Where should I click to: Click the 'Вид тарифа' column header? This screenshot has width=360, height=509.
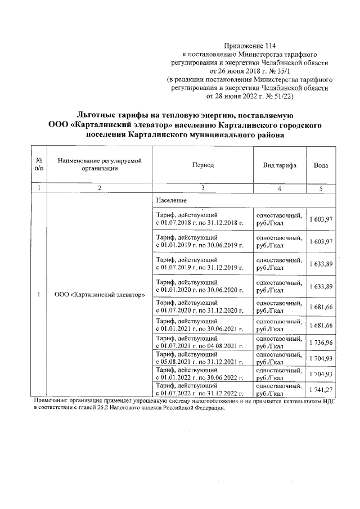tap(280, 165)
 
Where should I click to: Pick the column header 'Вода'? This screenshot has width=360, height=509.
tap(321, 165)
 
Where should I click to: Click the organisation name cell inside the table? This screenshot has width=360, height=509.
tap(99, 294)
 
